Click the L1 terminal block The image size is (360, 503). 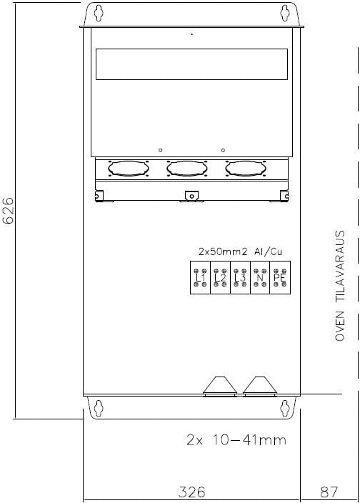[x=200, y=277]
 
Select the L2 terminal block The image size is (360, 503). [x=220, y=277]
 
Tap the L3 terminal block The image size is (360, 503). [x=240, y=277]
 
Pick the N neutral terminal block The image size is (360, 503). [x=260, y=277]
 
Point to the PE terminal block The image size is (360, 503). [x=280, y=277]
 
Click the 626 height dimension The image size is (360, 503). [x=8, y=211]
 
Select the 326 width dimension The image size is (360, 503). [x=191, y=492]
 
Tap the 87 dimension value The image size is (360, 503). [x=329, y=492]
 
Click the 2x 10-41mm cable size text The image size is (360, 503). [x=236, y=440]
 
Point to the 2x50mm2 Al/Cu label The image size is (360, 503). [x=240, y=251]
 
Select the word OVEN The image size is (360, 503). [x=340, y=326]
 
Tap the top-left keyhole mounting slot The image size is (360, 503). [x=99, y=12]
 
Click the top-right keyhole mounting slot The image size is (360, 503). [x=285, y=12]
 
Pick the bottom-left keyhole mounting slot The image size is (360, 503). [x=99, y=408]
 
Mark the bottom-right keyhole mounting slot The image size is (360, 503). [x=285, y=408]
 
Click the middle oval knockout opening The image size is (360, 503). [x=187, y=169]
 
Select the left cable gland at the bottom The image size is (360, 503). [x=220, y=387]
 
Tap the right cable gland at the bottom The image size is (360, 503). [x=260, y=387]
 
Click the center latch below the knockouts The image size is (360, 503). [x=191, y=196]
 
